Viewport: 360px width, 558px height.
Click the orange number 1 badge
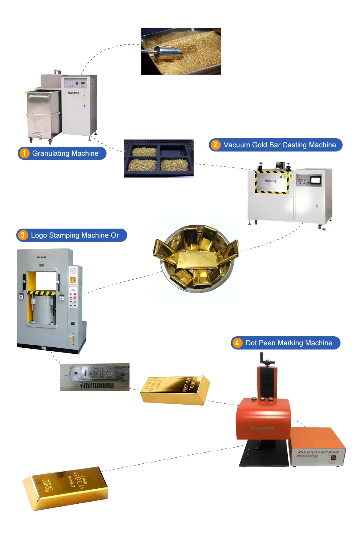tap(24, 153)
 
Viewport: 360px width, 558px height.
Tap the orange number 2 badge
tap(215, 145)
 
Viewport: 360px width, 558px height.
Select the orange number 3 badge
tap(23, 235)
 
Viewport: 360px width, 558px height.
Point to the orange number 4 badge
tap(237, 343)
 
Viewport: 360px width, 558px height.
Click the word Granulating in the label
tap(51, 153)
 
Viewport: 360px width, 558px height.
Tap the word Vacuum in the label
tap(237, 145)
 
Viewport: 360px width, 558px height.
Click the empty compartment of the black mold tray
tap(174, 150)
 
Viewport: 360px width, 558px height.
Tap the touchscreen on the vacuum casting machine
tap(316, 180)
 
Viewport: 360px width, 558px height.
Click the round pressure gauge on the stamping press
tap(73, 271)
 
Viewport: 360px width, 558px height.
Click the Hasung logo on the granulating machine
tap(73, 93)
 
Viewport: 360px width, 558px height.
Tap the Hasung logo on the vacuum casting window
tap(270, 181)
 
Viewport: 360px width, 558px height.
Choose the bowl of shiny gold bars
tap(196, 258)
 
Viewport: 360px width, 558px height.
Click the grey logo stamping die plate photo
tap(94, 377)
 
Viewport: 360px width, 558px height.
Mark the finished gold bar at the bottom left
tap(65, 487)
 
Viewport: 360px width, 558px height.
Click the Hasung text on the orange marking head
tap(262, 428)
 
